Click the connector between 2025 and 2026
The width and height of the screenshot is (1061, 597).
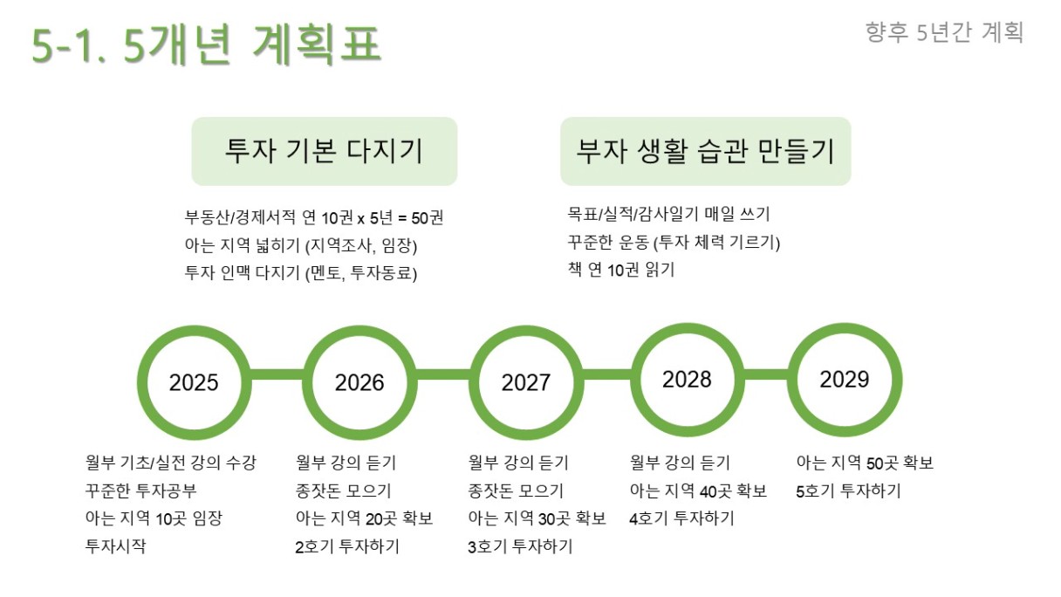pyautogui.click(x=277, y=374)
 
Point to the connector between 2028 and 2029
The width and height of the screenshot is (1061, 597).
pyautogui.click(x=766, y=374)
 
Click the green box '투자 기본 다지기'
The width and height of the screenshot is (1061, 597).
pyautogui.click(x=325, y=151)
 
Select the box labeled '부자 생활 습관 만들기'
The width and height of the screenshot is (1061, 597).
pyautogui.click(x=706, y=151)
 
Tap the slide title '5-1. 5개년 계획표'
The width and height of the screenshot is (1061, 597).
pyautogui.click(x=207, y=45)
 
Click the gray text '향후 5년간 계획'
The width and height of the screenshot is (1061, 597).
pyautogui.click(x=944, y=32)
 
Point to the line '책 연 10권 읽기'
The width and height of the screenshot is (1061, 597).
pyautogui.click(x=621, y=270)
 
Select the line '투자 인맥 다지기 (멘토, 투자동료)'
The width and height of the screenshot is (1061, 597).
pyautogui.click(x=301, y=273)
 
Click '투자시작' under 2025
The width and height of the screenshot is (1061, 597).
pyautogui.click(x=115, y=546)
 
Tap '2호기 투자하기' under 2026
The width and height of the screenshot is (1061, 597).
pyautogui.click(x=347, y=546)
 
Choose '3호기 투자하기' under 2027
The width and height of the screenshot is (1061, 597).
pyautogui.click(x=520, y=546)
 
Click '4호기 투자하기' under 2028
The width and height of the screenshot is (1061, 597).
pyautogui.click(x=681, y=518)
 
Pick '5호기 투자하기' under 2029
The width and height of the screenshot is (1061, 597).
pyautogui.click(x=848, y=491)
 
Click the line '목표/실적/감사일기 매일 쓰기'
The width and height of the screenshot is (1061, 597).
pyautogui.click(x=669, y=214)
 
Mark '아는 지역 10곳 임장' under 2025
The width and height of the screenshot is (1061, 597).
pyautogui.click(x=154, y=518)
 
